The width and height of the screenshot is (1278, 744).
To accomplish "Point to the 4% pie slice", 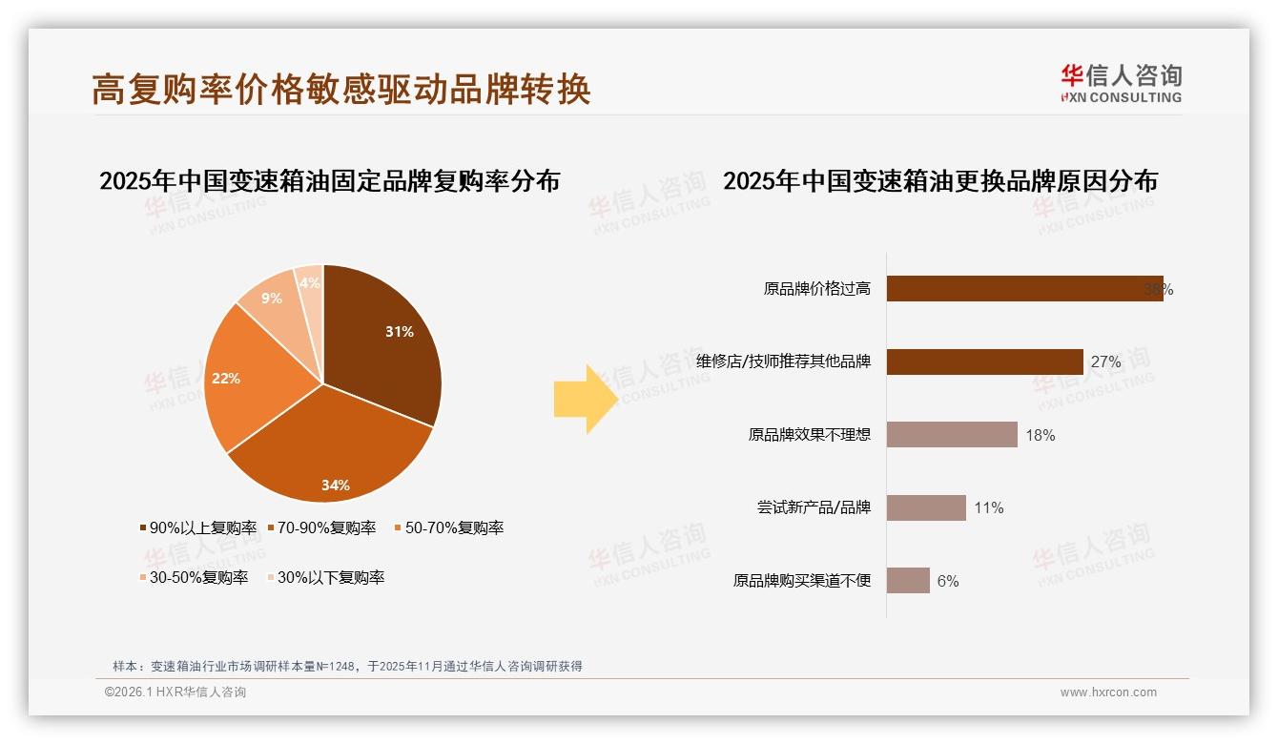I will point(310,283).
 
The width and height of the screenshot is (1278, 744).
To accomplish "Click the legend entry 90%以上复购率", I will point(198,527).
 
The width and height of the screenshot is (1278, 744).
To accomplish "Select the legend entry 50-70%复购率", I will point(448,527).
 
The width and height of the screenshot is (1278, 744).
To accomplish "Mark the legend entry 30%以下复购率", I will point(324,577).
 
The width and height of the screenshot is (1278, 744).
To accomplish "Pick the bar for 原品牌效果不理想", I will point(952,435).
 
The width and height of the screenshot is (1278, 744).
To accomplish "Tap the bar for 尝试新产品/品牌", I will point(926,507).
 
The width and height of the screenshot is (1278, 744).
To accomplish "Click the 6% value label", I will point(948,581).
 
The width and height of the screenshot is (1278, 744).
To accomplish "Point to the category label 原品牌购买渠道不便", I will point(802,580).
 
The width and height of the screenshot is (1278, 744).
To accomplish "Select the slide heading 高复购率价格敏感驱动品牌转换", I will point(341,89).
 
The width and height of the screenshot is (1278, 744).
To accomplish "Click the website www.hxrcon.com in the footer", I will point(1108,692).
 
